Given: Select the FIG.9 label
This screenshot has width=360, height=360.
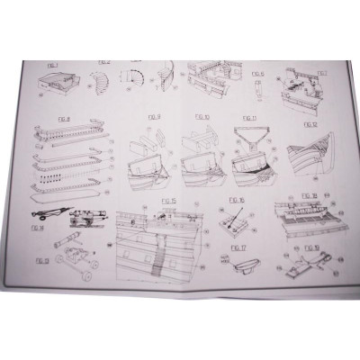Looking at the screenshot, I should pyautogui.click(x=152, y=117).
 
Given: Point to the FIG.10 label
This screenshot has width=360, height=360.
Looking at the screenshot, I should pyautogui.click(x=201, y=117).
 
